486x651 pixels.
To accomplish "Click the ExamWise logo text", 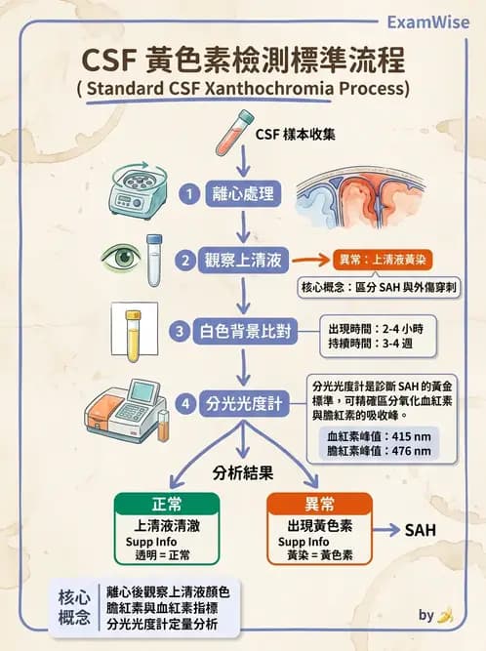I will click(427, 21).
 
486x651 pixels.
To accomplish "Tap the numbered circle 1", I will click(192, 193).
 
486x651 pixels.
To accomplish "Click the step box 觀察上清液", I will click(245, 261).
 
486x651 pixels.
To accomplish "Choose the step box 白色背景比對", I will click(253, 330).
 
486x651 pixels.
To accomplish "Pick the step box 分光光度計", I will click(245, 402).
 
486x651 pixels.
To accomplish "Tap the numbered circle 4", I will click(184, 402).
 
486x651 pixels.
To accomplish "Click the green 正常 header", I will click(167, 504).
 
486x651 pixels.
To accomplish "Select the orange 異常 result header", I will click(320, 504).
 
